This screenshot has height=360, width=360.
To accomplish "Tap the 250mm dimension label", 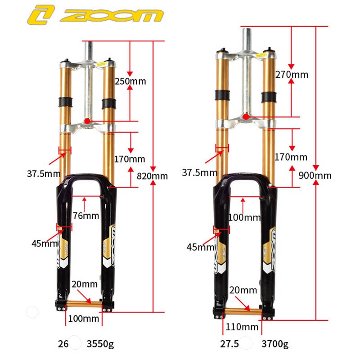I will click(x=130, y=81).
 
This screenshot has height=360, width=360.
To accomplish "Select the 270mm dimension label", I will click(x=292, y=74).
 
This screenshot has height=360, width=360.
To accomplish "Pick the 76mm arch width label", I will click(x=86, y=216).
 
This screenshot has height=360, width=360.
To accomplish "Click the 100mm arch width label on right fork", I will click(x=244, y=217).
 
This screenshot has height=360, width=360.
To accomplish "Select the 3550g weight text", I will click(x=99, y=344).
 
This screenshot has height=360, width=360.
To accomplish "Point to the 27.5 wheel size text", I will click(x=229, y=344).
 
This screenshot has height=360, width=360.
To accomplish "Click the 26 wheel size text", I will click(x=63, y=344).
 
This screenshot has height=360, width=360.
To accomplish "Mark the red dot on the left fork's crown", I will click(x=86, y=121).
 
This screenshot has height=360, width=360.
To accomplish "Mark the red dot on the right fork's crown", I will click(x=246, y=117).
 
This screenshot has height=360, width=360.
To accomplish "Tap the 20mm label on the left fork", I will click(x=84, y=284).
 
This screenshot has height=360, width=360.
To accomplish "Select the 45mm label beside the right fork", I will click(x=200, y=247).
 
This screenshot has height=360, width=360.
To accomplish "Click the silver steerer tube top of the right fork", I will click(x=247, y=34).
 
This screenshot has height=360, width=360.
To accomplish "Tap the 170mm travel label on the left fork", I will click(x=130, y=158).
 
